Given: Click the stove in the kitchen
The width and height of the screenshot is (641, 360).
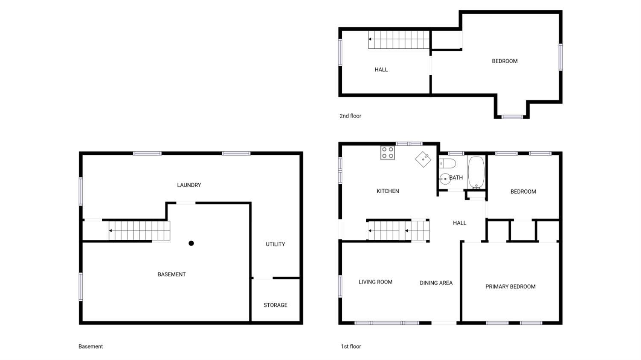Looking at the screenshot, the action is (388, 153).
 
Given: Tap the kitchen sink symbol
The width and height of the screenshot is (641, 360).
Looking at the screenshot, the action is (423, 159).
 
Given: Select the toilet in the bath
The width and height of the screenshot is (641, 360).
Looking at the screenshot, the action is (447, 163).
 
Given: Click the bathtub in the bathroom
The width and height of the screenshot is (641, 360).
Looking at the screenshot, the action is (476, 172).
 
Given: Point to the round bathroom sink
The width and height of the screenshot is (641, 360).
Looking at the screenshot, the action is (445, 179).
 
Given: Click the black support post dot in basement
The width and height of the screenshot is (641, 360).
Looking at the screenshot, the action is (191, 243).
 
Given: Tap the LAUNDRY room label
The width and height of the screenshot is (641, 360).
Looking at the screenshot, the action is (189, 185).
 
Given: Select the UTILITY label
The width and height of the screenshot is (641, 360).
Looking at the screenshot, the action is (275, 244).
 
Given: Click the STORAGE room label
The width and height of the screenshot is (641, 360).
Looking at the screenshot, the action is (275, 305).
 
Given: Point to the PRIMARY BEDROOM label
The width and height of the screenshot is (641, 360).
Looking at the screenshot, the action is (510, 286).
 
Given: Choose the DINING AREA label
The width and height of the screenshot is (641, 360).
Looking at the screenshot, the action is (436, 283).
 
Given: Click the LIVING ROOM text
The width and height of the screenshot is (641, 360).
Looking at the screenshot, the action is (376, 282).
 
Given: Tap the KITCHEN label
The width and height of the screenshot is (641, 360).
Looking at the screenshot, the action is (388, 191).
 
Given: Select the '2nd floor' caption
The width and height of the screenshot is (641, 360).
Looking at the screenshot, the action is (350, 116).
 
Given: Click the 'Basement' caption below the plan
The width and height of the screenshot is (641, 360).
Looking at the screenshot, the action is (91, 346).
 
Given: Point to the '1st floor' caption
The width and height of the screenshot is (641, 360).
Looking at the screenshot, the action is (351, 346).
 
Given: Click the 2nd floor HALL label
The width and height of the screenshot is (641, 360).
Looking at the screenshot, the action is (381, 70).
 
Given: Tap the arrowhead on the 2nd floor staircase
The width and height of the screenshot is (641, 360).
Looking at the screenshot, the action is (370, 39).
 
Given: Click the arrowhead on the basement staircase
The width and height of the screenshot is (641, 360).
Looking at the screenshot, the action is (110, 230).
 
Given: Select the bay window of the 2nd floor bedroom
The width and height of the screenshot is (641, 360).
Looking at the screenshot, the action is (512, 117).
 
